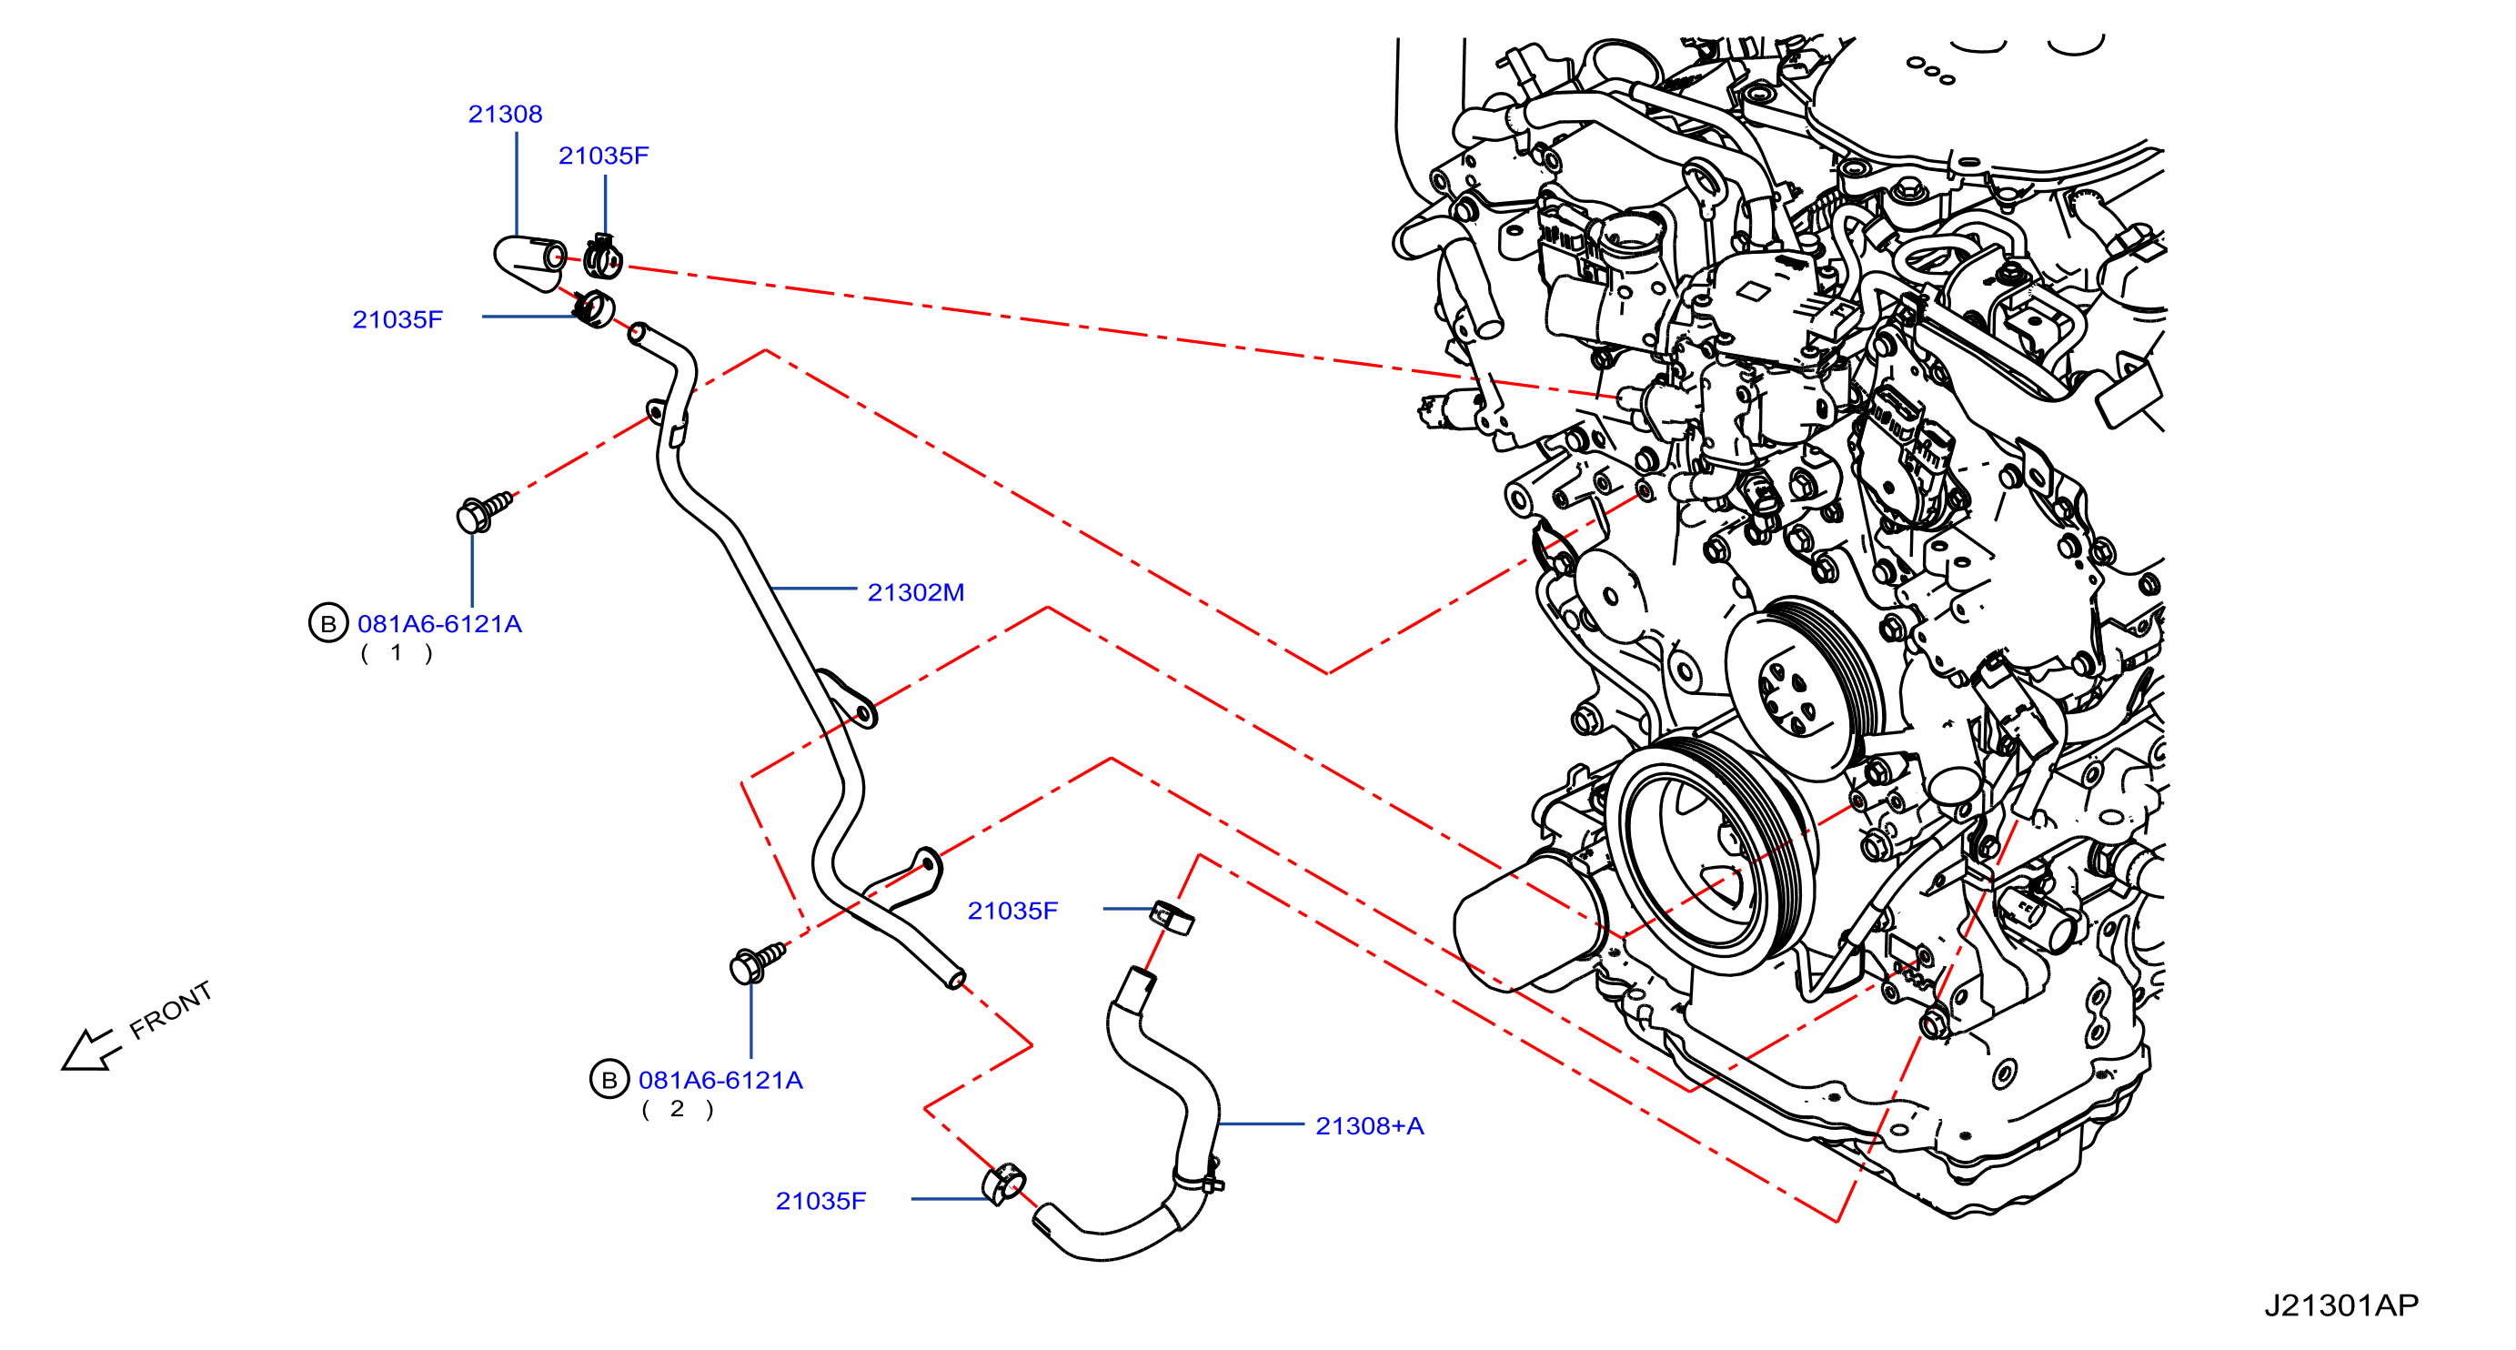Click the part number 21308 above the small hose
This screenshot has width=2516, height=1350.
pos(505,115)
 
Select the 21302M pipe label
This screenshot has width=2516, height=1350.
pos(915,592)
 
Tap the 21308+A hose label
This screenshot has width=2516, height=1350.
pos(1369,1125)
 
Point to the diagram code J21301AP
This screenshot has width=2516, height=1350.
pos(2341,1305)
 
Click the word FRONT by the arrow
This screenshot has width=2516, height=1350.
pos(171,1010)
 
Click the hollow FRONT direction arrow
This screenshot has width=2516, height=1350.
pos(90,1051)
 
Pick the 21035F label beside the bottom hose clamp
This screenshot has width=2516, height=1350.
pos(820,1201)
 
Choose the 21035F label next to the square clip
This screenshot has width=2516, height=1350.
pos(1011,911)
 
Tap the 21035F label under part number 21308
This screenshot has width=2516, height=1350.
pos(398,319)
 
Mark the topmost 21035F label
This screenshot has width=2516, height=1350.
pos(603,156)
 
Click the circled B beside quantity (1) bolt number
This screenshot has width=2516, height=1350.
pos(328,623)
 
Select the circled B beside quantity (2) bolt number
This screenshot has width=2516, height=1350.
pos(609,1080)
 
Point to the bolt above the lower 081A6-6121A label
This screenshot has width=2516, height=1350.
pos(757,962)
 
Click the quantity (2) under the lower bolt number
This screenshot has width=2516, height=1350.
pos(677,1109)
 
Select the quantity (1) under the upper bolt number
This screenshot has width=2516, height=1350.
pos(396,652)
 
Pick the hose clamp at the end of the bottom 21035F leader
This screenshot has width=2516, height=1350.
pos(1003,1185)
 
